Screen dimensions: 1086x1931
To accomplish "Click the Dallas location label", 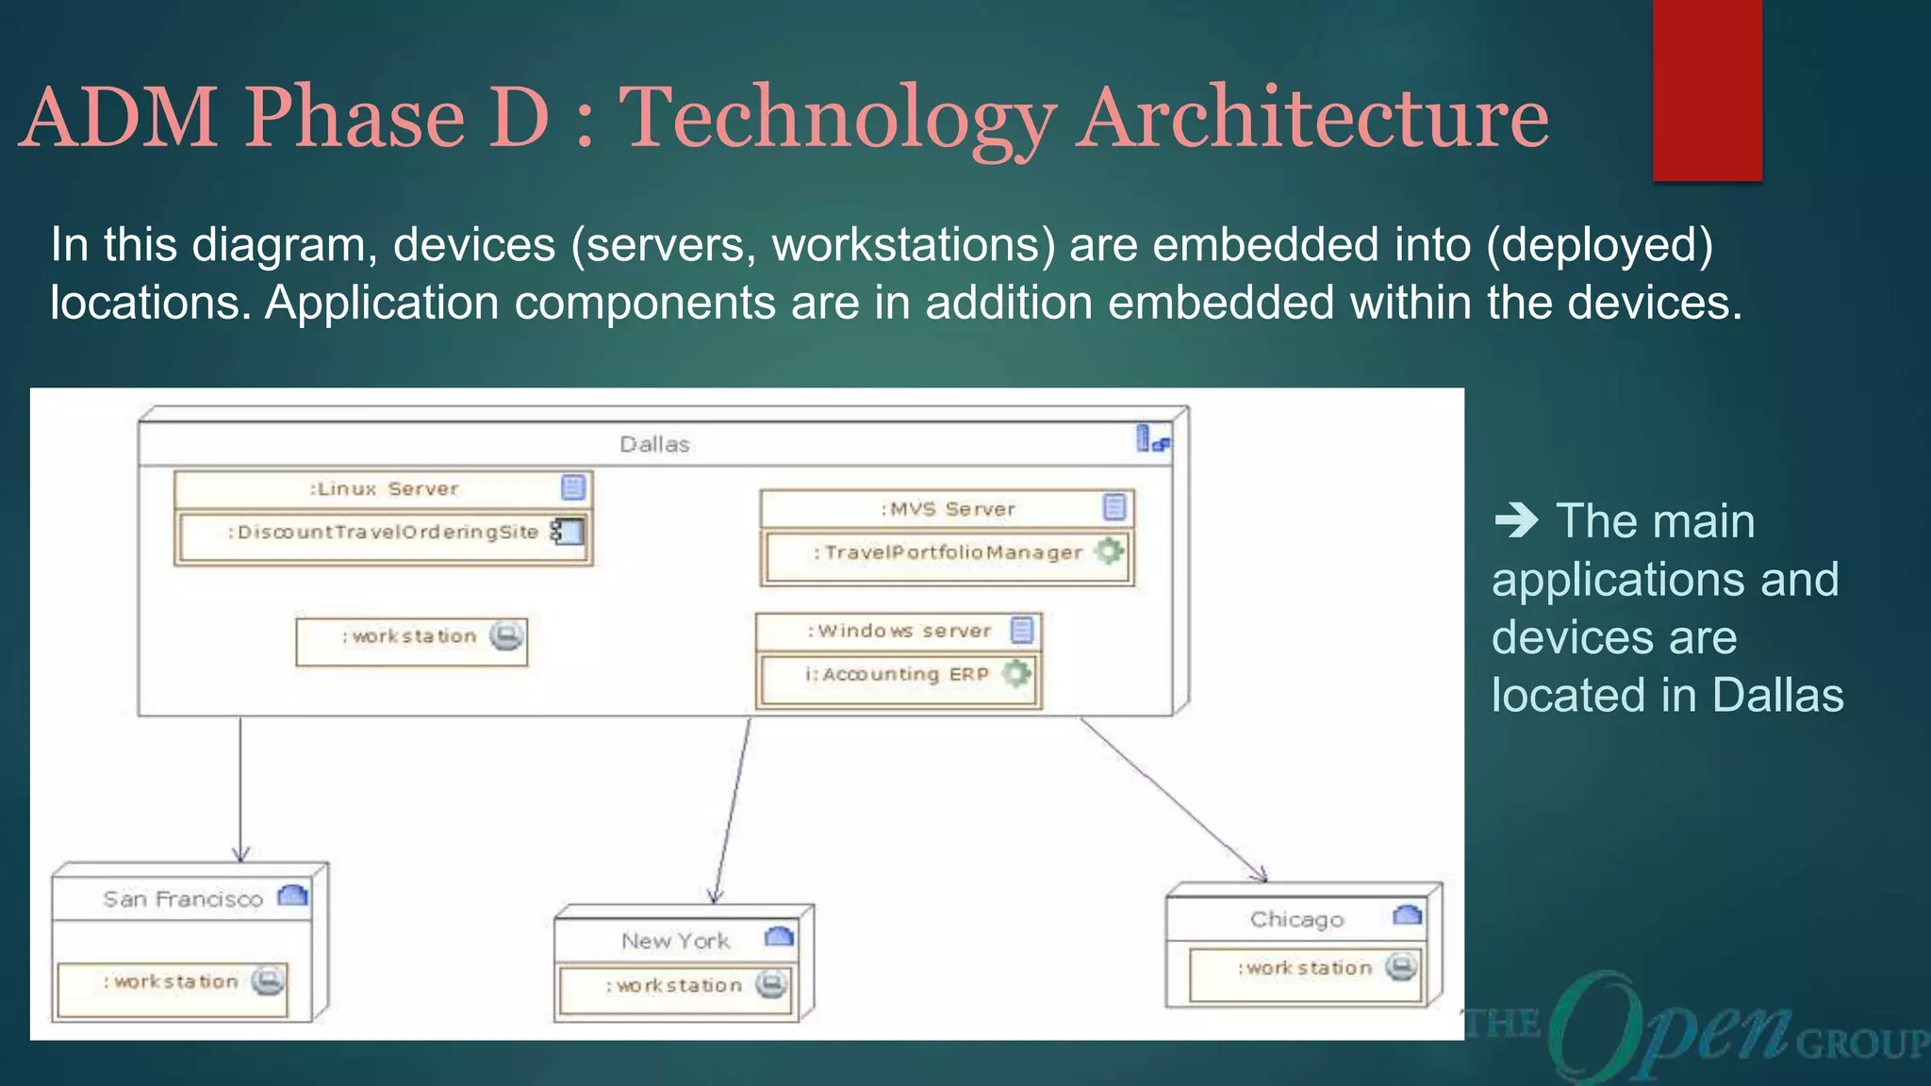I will click(654, 444).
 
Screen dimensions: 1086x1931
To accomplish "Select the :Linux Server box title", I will click(384, 488).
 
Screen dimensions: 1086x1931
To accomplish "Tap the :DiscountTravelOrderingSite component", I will click(383, 533).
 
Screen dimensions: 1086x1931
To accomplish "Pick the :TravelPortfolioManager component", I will click(948, 552).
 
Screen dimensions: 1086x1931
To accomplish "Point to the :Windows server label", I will click(899, 631).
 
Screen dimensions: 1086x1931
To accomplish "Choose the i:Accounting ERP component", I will click(897, 674).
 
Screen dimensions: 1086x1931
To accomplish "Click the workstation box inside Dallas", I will click(411, 641).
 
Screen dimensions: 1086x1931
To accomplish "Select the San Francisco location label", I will click(183, 899).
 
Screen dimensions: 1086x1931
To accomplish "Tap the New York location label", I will click(675, 941).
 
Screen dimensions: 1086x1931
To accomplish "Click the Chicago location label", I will click(1296, 919).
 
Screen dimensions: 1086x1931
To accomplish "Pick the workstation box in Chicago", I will click(1306, 974).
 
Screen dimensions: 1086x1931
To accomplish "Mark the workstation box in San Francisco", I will click(173, 988).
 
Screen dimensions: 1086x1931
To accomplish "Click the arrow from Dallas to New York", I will click(733, 810).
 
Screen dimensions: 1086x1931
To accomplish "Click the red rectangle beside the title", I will click(1707, 90).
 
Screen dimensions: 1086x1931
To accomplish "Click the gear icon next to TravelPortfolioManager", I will click(1110, 551).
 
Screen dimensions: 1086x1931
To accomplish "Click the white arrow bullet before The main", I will click(1515, 520).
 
